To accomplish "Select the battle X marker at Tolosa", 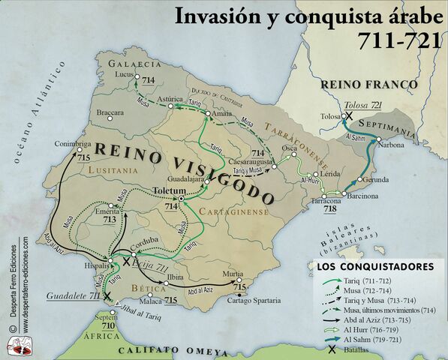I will click(x=348, y=116).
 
